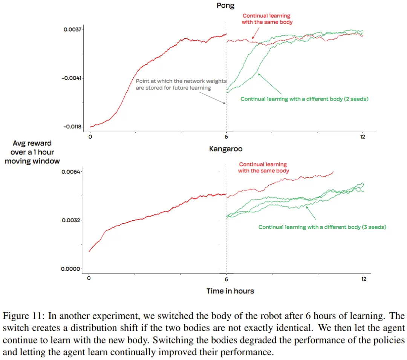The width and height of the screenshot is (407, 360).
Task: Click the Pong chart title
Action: click(225, 5)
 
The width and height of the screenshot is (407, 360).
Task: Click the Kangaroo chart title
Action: click(226, 149)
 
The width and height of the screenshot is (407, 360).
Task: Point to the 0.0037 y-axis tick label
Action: click(72, 29)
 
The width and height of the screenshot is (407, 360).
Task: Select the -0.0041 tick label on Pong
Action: click(71, 78)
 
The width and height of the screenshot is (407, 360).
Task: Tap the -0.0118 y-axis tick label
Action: click(72, 127)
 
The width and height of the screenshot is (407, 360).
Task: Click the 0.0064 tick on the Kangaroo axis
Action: click(71, 172)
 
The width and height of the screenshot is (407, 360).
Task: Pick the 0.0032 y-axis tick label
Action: click(71, 220)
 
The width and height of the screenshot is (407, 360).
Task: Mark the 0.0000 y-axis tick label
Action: click(70, 269)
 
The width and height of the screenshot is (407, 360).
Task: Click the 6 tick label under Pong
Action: click(226, 137)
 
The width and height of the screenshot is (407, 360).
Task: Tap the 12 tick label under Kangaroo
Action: click(364, 279)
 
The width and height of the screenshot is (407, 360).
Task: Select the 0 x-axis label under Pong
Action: click(90, 137)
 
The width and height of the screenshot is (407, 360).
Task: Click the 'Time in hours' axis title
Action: click(230, 291)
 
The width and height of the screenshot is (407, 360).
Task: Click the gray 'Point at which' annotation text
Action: click(181, 84)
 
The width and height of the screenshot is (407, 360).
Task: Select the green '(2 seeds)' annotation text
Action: click(357, 99)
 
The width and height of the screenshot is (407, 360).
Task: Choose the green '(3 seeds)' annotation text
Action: click(374, 227)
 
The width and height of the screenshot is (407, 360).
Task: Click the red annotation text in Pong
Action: click(267, 19)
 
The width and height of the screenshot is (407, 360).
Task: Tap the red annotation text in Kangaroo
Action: click(263, 167)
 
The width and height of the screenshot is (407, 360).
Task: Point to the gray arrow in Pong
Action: click(213, 98)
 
